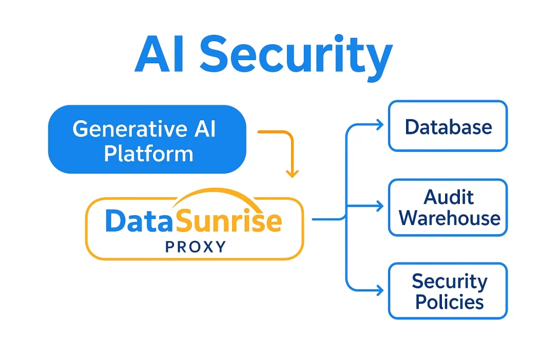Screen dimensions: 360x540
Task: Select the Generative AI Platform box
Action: pyautogui.click(x=147, y=139)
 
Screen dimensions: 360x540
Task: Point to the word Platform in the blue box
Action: pyautogui.click(x=148, y=153)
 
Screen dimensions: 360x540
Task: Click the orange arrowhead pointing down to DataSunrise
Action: pyautogui.click(x=292, y=173)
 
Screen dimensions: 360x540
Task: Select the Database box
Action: pyautogui.click(x=448, y=127)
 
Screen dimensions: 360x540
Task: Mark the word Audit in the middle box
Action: pyautogui.click(x=449, y=198)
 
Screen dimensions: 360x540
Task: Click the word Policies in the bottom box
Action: pyautogui.click(x=449, y=301)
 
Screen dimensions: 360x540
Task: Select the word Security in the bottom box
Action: pyautogui.click(x=449, y=281)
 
